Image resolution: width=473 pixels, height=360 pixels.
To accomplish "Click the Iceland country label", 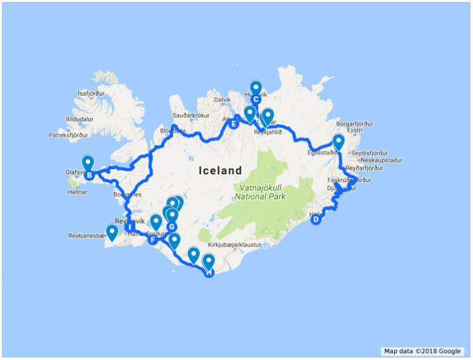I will click(220, 170).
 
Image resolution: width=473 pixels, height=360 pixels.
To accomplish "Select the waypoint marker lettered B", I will click(90, 176).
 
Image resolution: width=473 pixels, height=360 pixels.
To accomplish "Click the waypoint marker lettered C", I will click(255, 99).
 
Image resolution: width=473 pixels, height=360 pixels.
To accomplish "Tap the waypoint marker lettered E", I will click(234, 124).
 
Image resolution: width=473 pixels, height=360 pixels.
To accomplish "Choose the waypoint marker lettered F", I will click(152, 239).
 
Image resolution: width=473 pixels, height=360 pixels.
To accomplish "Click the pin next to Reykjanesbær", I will click(112, 232).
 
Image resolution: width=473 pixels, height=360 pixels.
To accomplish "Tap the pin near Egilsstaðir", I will click(338, 142).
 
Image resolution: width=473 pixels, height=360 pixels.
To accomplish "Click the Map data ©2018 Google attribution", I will click(422, 351).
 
